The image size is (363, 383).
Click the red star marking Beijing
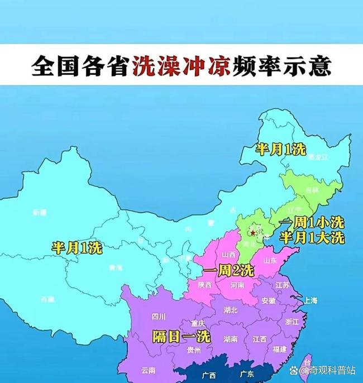click(253, 232)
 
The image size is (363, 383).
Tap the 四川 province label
click(159, 317)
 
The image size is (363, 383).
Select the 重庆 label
click(198, 323)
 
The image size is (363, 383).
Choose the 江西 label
click(259, 339)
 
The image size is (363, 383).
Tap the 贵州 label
click(194, 350)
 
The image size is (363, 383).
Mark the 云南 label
click(149, 370)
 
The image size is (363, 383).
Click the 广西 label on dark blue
click(209, 374)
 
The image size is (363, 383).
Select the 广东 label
click(245, 374)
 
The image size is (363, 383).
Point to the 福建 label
click(280, 349)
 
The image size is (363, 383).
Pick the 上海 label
click(311, 300)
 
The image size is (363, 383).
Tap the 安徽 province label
click(268, 300)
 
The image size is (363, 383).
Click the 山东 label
click(269, 261)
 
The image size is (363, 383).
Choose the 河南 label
click(237, 285)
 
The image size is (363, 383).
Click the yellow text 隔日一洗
click(181, 336)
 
